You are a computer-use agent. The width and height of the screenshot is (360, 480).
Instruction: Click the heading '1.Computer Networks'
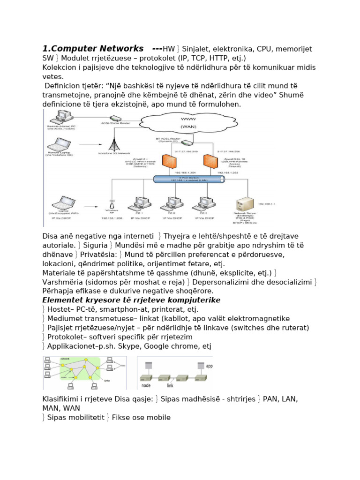93,49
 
